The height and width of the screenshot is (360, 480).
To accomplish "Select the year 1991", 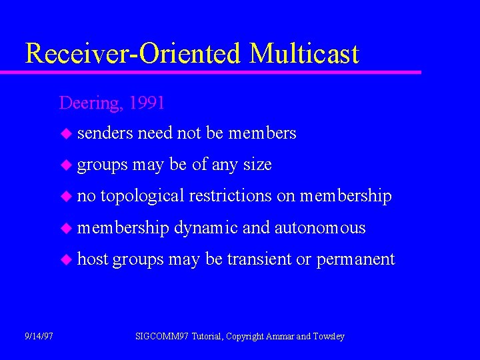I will pyautogui.click(x=147, y=103).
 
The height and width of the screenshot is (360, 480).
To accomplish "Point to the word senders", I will pyautogui.click(x=105, y=133).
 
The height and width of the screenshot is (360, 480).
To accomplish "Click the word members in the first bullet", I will pyautogui.click(x=262, y=133).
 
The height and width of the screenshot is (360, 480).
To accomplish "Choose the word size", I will pyautogui.click(x=257, y=165).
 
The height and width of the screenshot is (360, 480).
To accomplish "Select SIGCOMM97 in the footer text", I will pyautogui.click(x=162, y=337).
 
